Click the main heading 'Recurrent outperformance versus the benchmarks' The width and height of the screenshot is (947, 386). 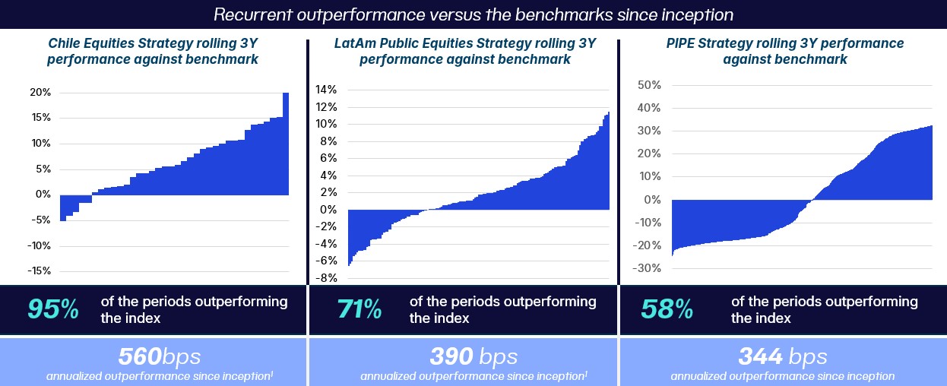pos(473,14)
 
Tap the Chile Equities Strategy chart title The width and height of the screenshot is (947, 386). pos(152,51)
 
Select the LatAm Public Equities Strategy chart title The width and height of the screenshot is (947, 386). pos(464,51)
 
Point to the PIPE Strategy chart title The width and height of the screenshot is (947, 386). pos(782,51)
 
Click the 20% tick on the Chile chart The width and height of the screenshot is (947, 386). pos(40,93)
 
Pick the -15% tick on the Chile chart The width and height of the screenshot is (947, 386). pos(39,271)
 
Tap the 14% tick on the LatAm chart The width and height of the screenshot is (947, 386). pos(325,90)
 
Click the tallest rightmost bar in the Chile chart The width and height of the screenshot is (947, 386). pos(286,144)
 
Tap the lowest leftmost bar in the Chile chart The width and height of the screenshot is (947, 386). pos(63,208)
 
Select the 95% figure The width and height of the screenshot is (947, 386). pos(53,309)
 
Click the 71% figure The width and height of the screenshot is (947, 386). pos(359,309)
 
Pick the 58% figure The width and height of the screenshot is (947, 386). pos(667,309)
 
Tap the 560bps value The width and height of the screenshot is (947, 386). pos(159,356)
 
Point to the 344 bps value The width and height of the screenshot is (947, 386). pos(782,356)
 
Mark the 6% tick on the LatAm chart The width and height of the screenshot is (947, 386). pos(328,158)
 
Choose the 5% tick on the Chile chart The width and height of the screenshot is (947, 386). pos(43,169)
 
